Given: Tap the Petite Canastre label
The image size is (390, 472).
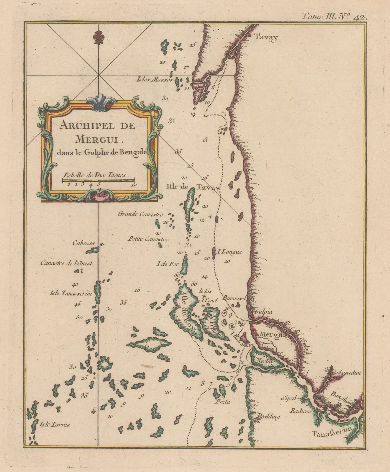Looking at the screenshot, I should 148,239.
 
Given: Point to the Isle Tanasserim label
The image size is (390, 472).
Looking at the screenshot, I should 71,293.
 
